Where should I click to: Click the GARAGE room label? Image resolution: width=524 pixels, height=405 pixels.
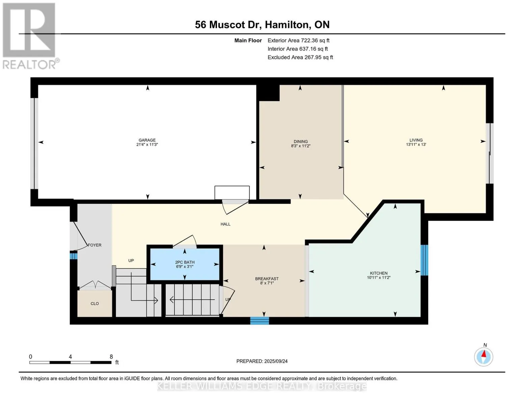tap(147, 140)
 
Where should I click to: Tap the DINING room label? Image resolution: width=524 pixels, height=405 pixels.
tap(300, 142)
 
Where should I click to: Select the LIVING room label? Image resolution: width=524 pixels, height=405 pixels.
tap(416, 140)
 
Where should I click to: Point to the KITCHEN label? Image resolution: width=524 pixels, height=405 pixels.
tap(379, 273)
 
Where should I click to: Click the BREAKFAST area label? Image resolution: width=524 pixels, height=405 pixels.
tap(267, 279)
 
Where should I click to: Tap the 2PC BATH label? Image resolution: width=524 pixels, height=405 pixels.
tap(185, 262)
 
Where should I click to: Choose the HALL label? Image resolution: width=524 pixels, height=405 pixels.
tap(225, 224)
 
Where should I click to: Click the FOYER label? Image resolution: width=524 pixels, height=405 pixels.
tap(94, 245)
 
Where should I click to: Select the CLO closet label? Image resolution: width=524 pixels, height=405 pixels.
tap(94, 304)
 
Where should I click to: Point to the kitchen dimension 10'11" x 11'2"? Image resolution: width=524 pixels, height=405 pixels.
tap(379, 278)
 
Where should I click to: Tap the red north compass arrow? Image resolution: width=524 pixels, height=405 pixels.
tap(484, 354)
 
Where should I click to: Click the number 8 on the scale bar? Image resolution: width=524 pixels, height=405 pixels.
tap(111, 357)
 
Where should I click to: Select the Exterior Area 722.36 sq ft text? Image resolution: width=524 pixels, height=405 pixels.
tap(298, 40)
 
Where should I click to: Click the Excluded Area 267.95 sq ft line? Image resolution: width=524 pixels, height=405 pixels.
tap(300, 57)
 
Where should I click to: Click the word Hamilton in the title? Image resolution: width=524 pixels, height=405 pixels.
tap(286, 25)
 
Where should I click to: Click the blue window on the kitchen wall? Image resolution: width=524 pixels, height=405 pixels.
tap(424, 260)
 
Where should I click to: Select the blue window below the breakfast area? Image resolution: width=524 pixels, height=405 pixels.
tap(259, 321)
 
